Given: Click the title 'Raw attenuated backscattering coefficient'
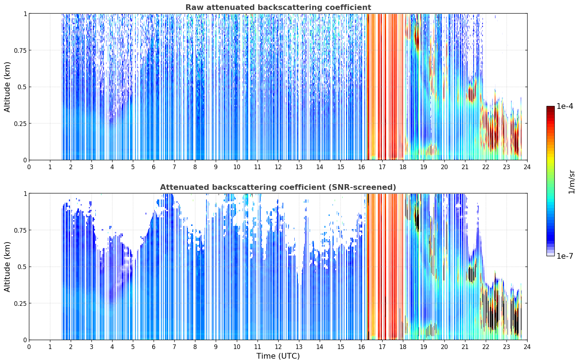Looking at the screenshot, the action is tap(278, 7).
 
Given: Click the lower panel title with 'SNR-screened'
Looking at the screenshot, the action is tap(278, 187).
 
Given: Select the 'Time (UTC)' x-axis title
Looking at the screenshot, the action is tap(278, 356).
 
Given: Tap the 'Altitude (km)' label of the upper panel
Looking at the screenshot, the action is tap(7, 87).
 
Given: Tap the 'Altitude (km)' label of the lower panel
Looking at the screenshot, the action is tap(7, 267).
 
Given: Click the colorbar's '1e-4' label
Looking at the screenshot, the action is tap(565, 106).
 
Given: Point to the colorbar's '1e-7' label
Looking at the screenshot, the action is tap(565, 256).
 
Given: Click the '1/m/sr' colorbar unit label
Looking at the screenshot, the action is tap(571, 182).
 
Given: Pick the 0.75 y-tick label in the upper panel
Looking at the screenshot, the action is tap(20, 50).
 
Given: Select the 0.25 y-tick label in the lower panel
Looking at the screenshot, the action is tap(20, 303).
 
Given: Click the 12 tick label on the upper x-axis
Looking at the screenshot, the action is tap(278, 167).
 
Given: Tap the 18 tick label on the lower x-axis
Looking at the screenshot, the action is tap(403, 347).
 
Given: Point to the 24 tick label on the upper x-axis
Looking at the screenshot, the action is tap(527, 167).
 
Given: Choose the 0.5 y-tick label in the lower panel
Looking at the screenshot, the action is tap(22, 267).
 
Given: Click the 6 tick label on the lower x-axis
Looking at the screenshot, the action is tap(154, 347).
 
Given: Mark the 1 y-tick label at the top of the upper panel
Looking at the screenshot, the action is tap(25, 14).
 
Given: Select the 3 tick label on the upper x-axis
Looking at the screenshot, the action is tap(91, 167).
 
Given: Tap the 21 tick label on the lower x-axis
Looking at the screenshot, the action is tap(465, 347).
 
